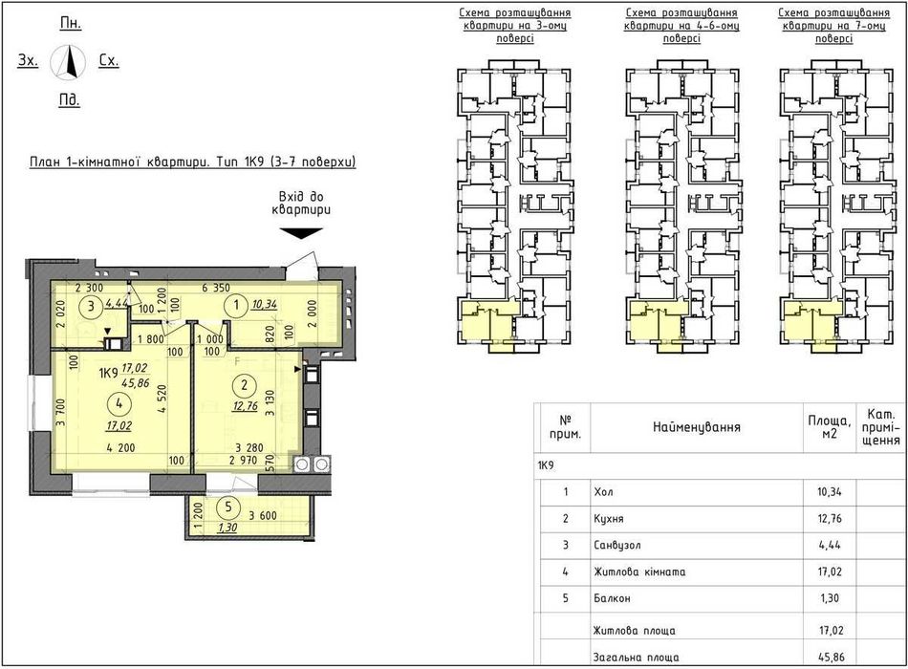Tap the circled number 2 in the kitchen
click(x=245, y=385)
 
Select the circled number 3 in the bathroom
click(x=91, y=306)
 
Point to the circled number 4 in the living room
click(x=119, y=403)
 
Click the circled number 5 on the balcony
click(x=228, y=507)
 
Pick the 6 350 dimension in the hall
click(x=215, y=288)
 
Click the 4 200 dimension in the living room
click(x=120, y=447)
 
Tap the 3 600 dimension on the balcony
click(x=263, y=515)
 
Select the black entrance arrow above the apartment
click(x=301, y=233)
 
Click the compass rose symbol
click(x=68, y=61)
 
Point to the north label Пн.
click(x=71, y=23)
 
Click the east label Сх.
click(x=109, y=61)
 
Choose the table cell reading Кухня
click(x=609, y=518)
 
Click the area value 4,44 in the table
click(x=830, y=545)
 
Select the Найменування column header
click(x=697, y=427)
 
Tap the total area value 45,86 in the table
click(x=831, y=658)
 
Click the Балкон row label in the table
click(x=612, y=598)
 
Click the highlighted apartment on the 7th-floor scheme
click(x=810, y=323)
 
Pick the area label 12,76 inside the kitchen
click(x=245, y=406)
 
